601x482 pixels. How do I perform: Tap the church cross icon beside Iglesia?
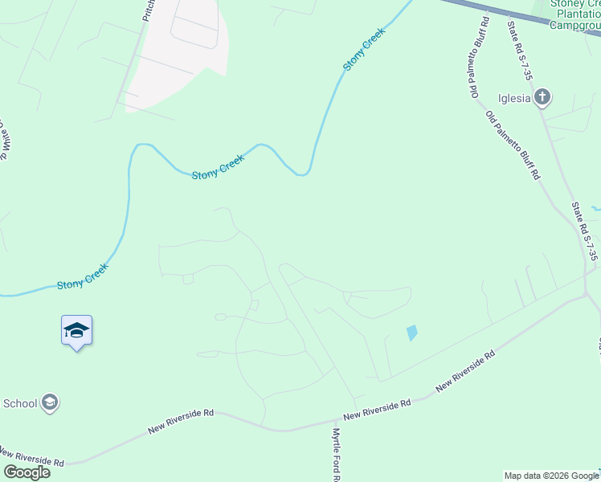click(x=542, y=98)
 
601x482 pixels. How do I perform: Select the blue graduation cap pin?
click(x=76, y=330)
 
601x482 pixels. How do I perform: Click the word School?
click(x=20, y=402)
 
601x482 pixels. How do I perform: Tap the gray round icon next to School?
click(x=50, y=402)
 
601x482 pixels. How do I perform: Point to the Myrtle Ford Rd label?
click(x=337, y=454)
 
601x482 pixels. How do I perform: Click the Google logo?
click(x=27, y=472)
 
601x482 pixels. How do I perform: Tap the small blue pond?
click(x=412, y=332)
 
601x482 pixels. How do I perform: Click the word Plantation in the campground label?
click(x=574, y=14)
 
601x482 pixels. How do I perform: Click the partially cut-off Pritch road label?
click(x=147, y=10)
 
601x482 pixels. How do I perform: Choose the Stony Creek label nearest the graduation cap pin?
click(x=82, y=278)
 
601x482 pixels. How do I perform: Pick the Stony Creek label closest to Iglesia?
click(x=365, y=49)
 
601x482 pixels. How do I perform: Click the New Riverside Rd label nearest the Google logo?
click(x=31, y=459)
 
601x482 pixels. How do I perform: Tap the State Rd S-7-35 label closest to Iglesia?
click(x=519, y=50)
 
